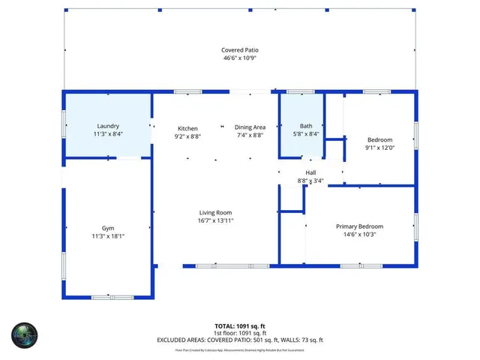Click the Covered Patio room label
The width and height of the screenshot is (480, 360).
point(240,50)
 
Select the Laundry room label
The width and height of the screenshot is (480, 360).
point(108,126)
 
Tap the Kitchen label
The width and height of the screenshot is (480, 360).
point(187,127)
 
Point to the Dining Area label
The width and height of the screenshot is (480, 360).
point(250,127)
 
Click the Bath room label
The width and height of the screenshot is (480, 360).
point(306,126)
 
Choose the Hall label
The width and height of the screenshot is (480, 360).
point(310,172)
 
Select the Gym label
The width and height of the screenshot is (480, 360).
point(108,227)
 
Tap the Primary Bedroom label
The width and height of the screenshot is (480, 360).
point(358,226)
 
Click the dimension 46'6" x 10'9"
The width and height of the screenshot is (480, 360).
point(240,58)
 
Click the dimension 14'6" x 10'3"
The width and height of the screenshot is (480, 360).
point(358,235)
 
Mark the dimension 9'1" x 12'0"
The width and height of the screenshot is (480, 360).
point(379,148)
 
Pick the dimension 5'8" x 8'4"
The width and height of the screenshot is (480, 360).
point(306,134)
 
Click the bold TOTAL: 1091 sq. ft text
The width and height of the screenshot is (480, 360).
point(240,326)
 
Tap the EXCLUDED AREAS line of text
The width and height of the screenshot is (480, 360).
point(240,340)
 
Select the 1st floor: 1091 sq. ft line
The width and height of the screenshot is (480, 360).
point(240,333)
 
